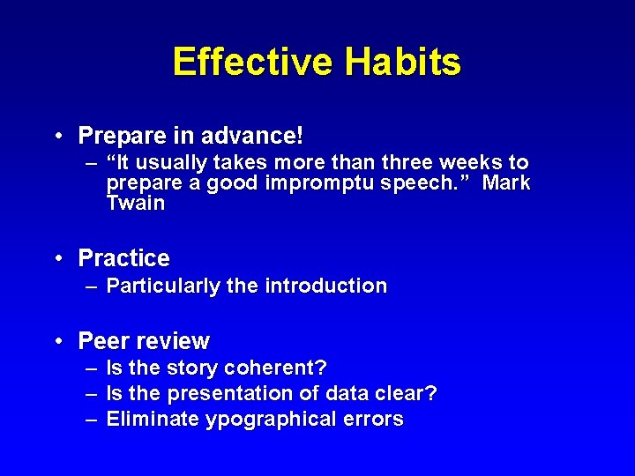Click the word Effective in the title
[253, 63]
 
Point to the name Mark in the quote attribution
[507, 183]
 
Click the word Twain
[135, 204]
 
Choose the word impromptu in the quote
[302, 183]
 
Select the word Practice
[123, 258]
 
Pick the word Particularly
[162, 286]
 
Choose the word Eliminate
[153, 420]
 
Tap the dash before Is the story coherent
[91, 367]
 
